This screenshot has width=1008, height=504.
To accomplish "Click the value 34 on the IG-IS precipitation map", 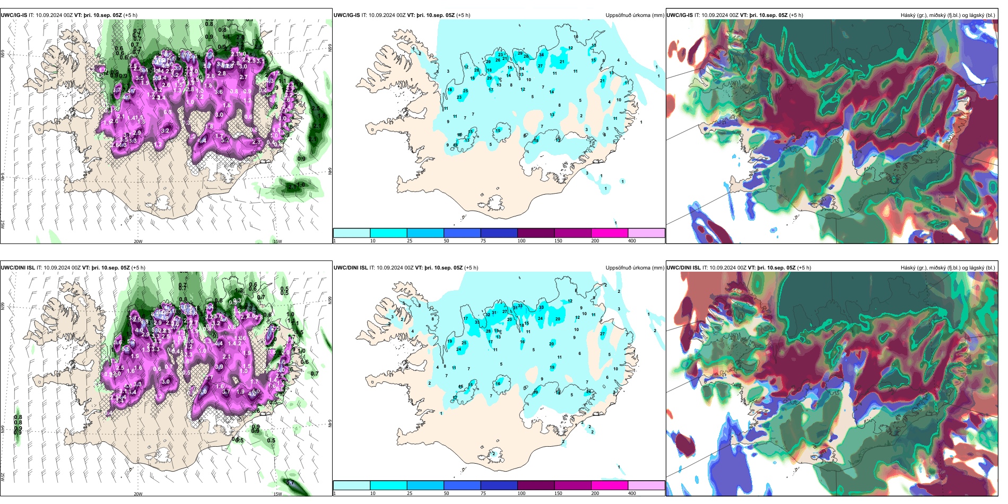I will click(542, 55).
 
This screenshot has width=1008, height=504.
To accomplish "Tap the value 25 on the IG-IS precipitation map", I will click(466, 91).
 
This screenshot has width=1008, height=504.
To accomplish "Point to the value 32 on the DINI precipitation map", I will click(488, 315).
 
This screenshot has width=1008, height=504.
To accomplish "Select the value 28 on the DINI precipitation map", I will click(489, 331).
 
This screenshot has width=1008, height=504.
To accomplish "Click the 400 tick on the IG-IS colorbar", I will click(632, 241).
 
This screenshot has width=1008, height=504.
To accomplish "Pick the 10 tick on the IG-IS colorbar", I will click(373, 241).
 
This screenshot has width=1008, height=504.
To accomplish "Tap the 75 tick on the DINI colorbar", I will click(483, 493).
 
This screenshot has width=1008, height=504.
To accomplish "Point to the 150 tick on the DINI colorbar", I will click(558, 493).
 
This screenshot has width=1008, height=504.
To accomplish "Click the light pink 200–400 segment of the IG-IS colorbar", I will click(646, 233).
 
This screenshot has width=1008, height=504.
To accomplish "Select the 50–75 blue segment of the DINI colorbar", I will click(462, 485).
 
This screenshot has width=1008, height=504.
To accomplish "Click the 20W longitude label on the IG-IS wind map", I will click(138, 241).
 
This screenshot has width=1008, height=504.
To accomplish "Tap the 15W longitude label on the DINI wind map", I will click(277, 494).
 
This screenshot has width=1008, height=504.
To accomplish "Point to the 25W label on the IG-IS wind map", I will click(3, 224).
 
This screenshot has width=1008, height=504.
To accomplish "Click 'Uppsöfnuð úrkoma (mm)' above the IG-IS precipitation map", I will click(635, 15).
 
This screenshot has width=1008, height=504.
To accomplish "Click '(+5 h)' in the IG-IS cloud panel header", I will click(796, 15).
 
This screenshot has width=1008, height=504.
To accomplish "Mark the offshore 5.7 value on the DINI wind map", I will click(290, 483).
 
